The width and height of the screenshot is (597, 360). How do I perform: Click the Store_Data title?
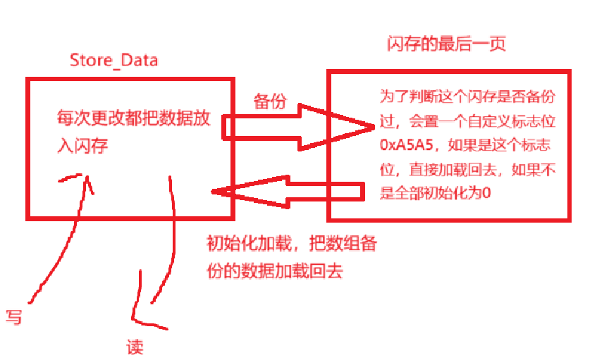pyautogui.click(x=113, y=60)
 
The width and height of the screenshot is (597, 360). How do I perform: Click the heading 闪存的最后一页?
pyautogui.click(x=447, y=44)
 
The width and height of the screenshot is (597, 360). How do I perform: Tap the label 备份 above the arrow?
pyautogui.click(x=269, y=101)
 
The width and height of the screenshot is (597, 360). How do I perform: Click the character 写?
pyautogui.click(x=13, y=316)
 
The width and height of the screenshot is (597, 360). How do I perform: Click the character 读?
pyautogui.click(x=135, y=347)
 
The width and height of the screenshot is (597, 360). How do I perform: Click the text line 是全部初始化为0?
pyautogui.click(x=434, y=193)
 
